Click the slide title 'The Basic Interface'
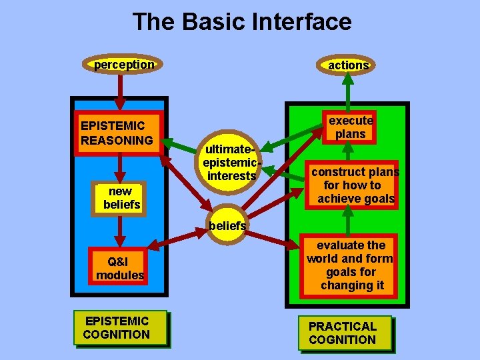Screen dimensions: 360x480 (241, 22)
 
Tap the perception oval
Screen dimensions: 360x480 (124, 65)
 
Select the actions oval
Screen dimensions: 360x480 (348, 65)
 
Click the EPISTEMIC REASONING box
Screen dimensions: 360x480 (118, 133)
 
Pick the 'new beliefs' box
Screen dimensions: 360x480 (121, 198)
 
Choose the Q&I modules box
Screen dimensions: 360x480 (120, 268)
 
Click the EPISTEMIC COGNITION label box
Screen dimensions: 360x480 (117, 327)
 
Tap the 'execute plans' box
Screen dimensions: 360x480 (351, 127)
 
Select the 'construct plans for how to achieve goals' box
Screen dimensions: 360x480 (356, 185)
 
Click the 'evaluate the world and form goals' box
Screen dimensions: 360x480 (351, 265)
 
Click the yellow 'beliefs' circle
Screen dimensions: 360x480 (227, 225)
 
